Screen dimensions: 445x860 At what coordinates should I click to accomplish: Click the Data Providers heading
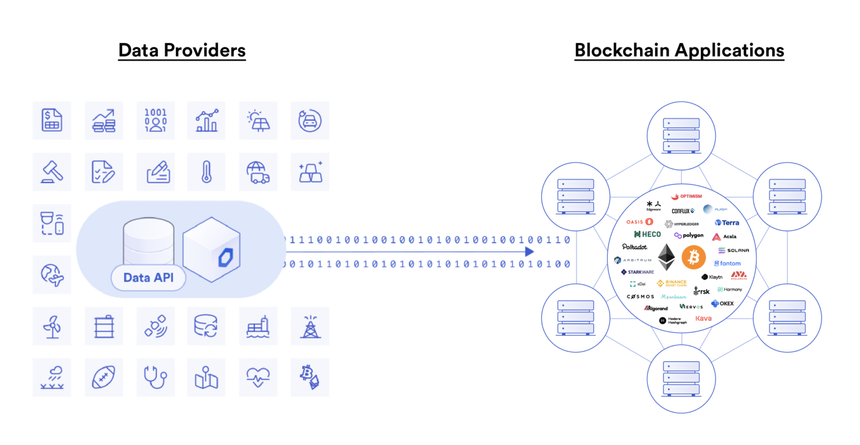click(x=182, y=50)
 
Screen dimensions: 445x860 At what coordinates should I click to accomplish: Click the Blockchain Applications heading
click(x=679, y=50)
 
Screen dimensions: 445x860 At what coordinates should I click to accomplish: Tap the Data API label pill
click(x=148, y=278)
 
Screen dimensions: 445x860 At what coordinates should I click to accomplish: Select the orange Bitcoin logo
click(x=694, y=258)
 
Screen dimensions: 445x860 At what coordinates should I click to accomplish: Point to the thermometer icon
click(x=207, y=172)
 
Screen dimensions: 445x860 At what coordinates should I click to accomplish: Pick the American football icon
click(x=104, y=378)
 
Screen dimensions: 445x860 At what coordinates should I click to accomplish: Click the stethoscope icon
click(x=155, y=378)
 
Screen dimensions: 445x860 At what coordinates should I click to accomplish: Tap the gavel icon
click(x=52, y=172)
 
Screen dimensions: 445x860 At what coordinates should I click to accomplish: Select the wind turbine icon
click(x=52, y=326)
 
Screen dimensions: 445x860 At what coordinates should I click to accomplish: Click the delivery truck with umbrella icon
click(x=258, y=172)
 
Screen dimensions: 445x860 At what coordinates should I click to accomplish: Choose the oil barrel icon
click(x=104, y=326)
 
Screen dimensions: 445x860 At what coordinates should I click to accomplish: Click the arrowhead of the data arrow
click(x=529, y=252)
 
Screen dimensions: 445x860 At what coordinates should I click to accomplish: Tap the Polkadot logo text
click(x=634, y=247)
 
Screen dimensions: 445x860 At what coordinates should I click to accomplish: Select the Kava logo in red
click(x=703, y=318)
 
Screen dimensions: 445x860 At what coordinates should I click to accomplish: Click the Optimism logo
click(x=687, y=196)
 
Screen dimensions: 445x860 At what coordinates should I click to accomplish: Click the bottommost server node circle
click(x=681, y=379)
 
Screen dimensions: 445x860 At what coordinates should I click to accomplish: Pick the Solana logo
click(x=733, y=250)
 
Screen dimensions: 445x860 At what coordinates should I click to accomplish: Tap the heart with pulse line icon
click(x=258, y=378)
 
